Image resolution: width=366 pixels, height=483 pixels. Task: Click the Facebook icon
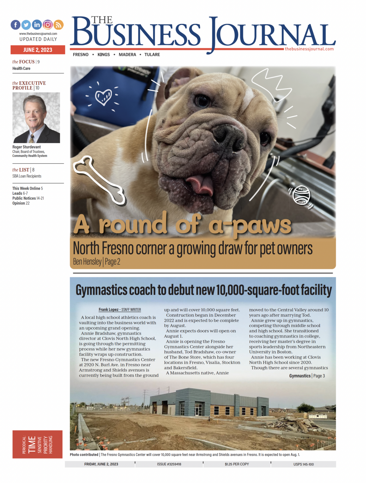coord(16,25)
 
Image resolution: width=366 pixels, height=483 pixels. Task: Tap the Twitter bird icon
coord(26,25)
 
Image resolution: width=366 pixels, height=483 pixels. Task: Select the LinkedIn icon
coord(37,25)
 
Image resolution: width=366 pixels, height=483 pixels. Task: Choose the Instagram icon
coord(48,25)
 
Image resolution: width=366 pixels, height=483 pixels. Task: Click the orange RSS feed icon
coord(58,25)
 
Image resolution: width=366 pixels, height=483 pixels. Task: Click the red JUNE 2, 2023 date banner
coord(38,50)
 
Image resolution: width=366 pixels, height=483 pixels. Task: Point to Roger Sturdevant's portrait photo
coord(36,118)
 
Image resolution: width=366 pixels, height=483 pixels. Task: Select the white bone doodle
coord(99,180)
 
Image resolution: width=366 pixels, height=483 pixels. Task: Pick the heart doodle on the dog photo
coord(103,97)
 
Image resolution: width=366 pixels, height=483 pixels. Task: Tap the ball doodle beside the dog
coord(302,195)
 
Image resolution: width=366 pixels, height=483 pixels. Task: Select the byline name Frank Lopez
coord(108,309)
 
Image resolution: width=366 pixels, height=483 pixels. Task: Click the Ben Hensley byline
coord(87,262)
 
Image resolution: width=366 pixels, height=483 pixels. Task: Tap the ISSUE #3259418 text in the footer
coord(169,464)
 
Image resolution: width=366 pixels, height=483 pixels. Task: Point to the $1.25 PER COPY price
coord(237,464)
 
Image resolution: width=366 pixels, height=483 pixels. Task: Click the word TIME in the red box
coord(32,445)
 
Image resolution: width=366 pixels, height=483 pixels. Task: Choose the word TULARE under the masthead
coord(152,55)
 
